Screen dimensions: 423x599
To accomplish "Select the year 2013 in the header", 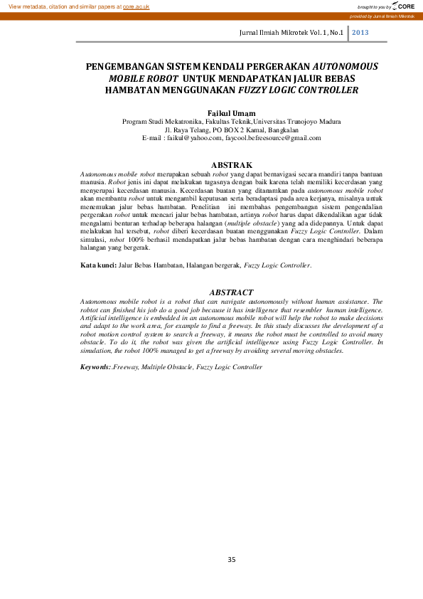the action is point(360,33).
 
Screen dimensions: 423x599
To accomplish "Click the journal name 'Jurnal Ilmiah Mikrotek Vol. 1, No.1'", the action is point(291,33).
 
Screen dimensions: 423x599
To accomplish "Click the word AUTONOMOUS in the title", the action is point(345,66).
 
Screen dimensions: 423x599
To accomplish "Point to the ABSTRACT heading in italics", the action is point(231,292).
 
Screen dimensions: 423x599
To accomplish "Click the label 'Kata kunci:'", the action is point(97,265).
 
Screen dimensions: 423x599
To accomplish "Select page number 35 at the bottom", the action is point(231,560).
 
